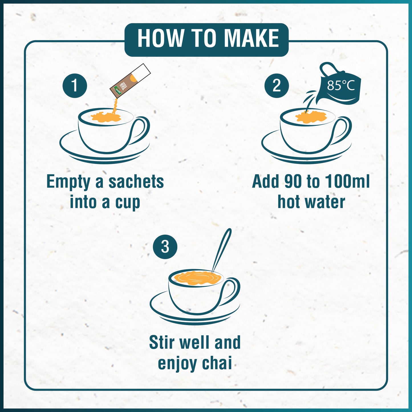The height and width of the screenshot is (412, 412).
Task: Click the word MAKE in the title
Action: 251,38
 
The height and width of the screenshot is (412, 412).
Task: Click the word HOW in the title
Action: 161,38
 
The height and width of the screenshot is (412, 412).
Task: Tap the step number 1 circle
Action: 75,86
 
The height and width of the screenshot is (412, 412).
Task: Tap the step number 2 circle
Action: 276,86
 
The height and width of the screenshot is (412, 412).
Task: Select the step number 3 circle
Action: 165,247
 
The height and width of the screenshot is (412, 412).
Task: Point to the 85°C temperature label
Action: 340,85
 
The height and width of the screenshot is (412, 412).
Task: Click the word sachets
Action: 136,182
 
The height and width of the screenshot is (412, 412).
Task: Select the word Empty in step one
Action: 68,182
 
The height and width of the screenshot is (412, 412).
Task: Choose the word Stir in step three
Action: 161,342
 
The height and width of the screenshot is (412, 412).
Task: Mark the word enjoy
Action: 177,364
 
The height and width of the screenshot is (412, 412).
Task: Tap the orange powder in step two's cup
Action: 311,117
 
